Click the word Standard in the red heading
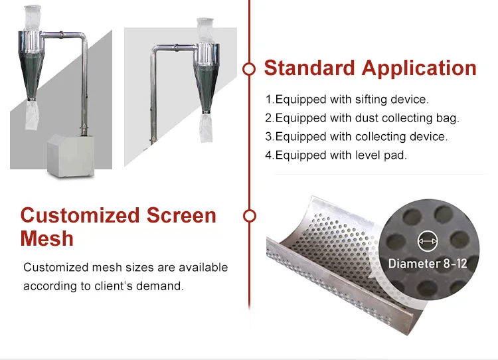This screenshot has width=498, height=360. tap(309, 68)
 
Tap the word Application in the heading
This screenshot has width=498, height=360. tap(419, 68)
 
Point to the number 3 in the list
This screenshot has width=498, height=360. tap(269, 137)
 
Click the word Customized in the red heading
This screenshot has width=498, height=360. tap(80, 215)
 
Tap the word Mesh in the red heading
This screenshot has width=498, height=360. tap(46, 238)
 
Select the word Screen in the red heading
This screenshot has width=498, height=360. tap(181, 215)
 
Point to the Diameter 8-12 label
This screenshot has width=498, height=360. tap(428, 264)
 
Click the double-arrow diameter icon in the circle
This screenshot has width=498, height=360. tap(428, 241)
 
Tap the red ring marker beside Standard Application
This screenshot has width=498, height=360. tap(249, 69)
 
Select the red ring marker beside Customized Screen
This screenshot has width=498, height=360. tap(249, 216)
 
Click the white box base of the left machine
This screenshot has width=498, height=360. tap(71, 155)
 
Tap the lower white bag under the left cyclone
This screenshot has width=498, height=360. tap(32, 115)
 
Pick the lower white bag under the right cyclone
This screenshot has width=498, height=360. tap(206, 128)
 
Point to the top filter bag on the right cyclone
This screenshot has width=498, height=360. tap(205, 31)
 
